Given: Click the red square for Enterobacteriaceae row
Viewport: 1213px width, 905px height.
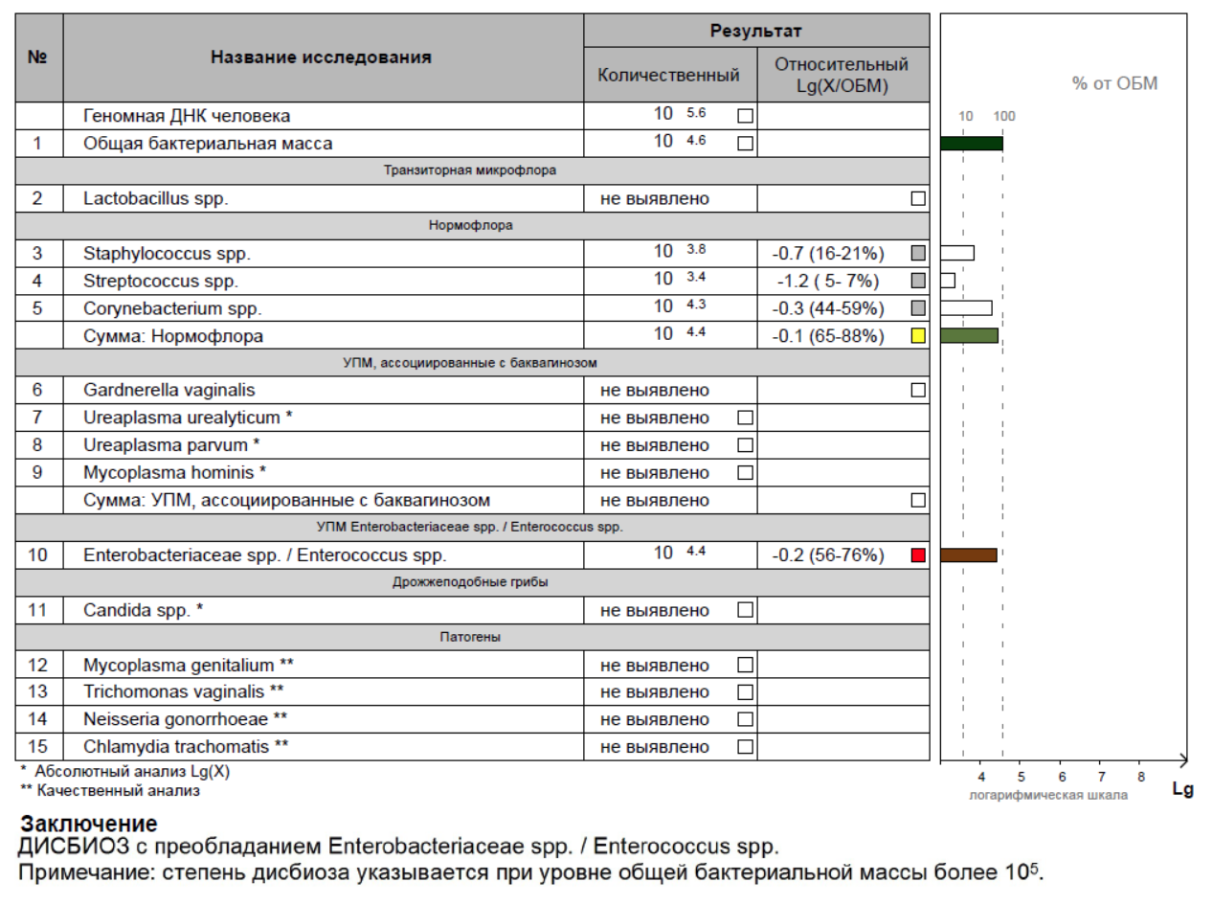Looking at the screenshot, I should (x=918, y=555).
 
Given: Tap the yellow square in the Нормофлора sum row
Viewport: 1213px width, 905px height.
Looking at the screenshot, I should (x=918, y=336).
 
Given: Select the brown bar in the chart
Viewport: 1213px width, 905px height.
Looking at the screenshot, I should (x=969, y=554).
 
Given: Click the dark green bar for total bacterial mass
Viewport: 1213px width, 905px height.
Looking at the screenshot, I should (x=971, y=144).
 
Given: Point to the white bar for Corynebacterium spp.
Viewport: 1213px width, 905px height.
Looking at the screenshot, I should (x=966, y=308).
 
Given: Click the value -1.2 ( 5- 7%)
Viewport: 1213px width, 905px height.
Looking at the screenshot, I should (x=828, y=282).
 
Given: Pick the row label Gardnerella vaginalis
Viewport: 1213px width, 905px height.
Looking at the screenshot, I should (x=169, y=391).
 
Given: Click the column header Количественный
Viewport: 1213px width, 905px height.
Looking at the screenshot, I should (x=669, y=76).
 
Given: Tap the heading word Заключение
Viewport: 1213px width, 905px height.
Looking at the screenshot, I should (x=89, y=824).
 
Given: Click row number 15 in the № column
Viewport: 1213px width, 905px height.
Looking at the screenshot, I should (x=38, y=747).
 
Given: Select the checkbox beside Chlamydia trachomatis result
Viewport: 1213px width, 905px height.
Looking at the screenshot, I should (x=745, y=747).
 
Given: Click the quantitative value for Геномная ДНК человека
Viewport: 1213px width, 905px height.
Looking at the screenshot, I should (x=679, y=115).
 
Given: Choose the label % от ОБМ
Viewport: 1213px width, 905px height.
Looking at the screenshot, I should (x=1114, y=84).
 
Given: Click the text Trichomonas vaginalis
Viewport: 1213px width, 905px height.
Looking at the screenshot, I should (x=184, y=691).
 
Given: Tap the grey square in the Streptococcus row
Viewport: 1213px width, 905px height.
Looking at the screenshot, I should (x=918, y=282).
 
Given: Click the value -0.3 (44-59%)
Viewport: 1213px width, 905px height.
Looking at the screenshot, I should (x=828, y=308).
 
